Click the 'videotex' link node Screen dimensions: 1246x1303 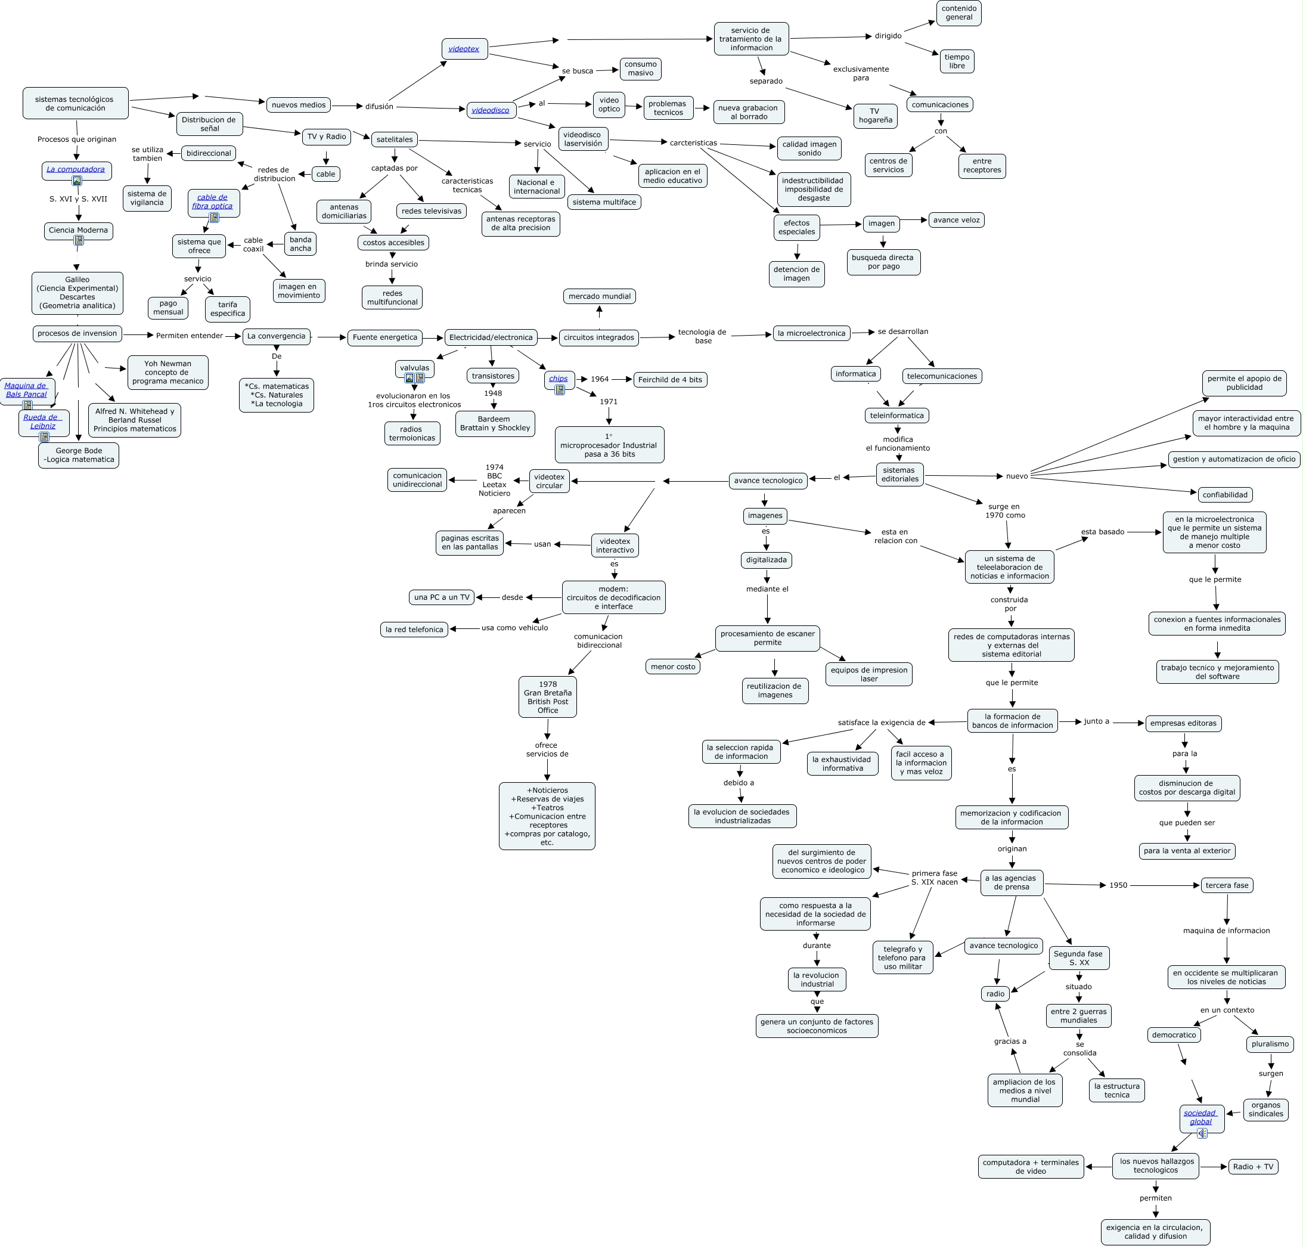point(464,48)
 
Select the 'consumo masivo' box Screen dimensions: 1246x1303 point(640,69)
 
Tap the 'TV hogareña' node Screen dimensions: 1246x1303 point(874,116)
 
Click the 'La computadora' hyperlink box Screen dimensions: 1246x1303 point(76,169)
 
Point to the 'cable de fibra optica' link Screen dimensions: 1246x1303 point(213,202)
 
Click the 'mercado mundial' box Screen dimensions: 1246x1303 point(599,296)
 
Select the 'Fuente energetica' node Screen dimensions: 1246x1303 point(384,337)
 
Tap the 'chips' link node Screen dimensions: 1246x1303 point(559,379)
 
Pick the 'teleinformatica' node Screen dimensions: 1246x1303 point(896,416)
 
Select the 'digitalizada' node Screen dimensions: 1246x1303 point(766,560)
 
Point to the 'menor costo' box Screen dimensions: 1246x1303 point(673,667)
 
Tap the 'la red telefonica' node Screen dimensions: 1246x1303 point(414,630)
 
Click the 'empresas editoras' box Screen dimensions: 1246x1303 point(1183,723)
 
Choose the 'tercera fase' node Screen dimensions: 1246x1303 point(1227,885)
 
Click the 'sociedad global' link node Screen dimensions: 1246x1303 point(1200,1118)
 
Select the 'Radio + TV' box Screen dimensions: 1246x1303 point(1252,1167)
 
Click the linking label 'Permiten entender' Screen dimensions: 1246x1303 point(190,336)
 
